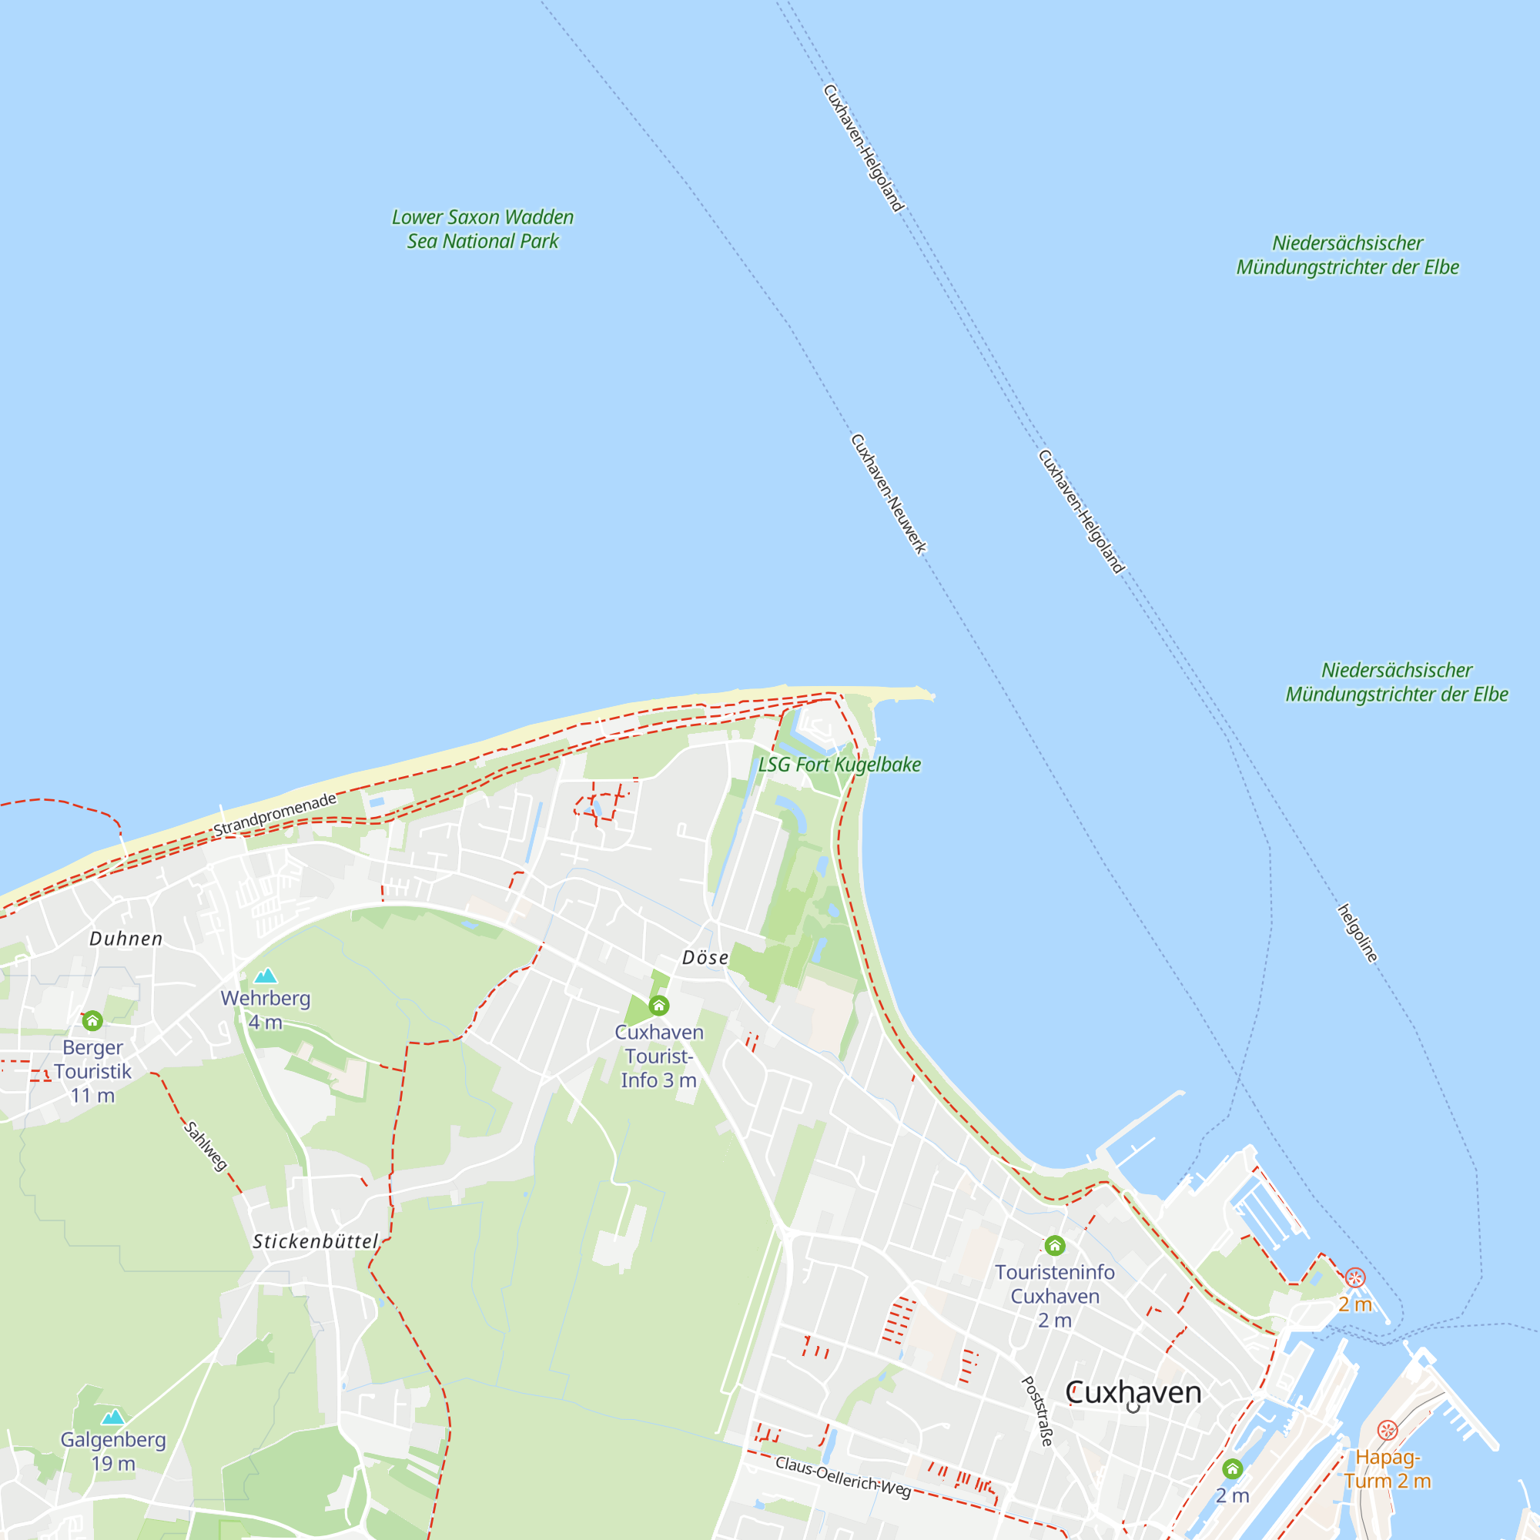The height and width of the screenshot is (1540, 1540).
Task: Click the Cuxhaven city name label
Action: [x=1133, y=1392]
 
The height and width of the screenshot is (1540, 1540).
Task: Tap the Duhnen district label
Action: [x=126, y=939]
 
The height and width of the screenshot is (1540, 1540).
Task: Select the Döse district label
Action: [x=705, y=958]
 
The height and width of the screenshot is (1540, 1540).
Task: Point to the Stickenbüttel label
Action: [x=316, y=1242]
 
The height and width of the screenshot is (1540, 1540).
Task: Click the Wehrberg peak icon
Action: [x=266, y=976]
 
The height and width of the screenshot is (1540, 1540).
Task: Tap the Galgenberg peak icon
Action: [x=113, y=1418]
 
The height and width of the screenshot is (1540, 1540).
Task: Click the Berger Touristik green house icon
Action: [x=92, y=1021]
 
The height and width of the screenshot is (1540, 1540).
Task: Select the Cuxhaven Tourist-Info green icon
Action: [x=658, y=1006]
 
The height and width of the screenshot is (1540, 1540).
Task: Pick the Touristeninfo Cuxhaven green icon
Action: [x=1055, y=1246]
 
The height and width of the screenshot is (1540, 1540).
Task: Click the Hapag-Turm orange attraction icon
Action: [x=1388, y=1431]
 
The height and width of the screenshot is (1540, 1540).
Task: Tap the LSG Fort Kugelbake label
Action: [x=839, y=765]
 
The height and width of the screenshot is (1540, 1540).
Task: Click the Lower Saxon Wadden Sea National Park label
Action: [x=482, y=229]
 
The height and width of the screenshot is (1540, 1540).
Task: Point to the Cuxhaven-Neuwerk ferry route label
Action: [x=889, y=494]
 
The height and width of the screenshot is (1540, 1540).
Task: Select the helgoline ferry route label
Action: [x=1358, y=933]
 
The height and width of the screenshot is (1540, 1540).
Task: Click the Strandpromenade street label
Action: [x=275, y=815]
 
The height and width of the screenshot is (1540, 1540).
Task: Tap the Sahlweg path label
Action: [x=206, y=1147]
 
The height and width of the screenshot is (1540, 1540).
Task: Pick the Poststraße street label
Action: [x=1038, y=1411]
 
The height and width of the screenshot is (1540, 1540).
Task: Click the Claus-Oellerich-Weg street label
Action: [x=842, y=1476]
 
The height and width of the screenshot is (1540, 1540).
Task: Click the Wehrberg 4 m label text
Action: [x=266, y=1010]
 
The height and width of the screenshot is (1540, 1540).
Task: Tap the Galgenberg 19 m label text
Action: [x=113, y=1451]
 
